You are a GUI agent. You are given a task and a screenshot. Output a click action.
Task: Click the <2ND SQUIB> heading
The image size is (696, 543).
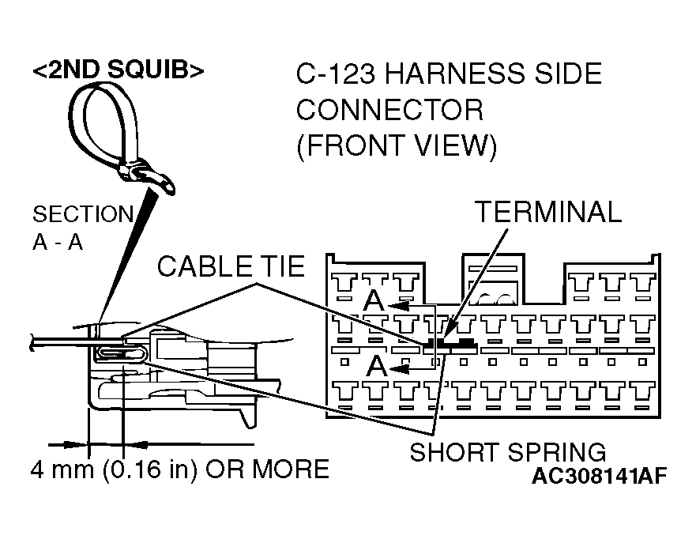119,70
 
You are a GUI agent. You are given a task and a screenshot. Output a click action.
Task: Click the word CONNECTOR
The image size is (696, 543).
389,111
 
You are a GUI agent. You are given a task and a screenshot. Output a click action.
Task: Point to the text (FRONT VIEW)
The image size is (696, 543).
397,146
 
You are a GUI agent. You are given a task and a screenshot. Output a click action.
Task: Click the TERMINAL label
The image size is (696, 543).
548,212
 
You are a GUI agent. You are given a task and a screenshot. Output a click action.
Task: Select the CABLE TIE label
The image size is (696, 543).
231,266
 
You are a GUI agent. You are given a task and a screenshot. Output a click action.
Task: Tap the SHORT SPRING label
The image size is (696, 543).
508,452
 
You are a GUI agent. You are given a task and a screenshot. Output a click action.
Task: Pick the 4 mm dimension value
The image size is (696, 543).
56,469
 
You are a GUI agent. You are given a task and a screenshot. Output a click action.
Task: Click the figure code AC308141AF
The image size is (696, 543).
599,477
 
